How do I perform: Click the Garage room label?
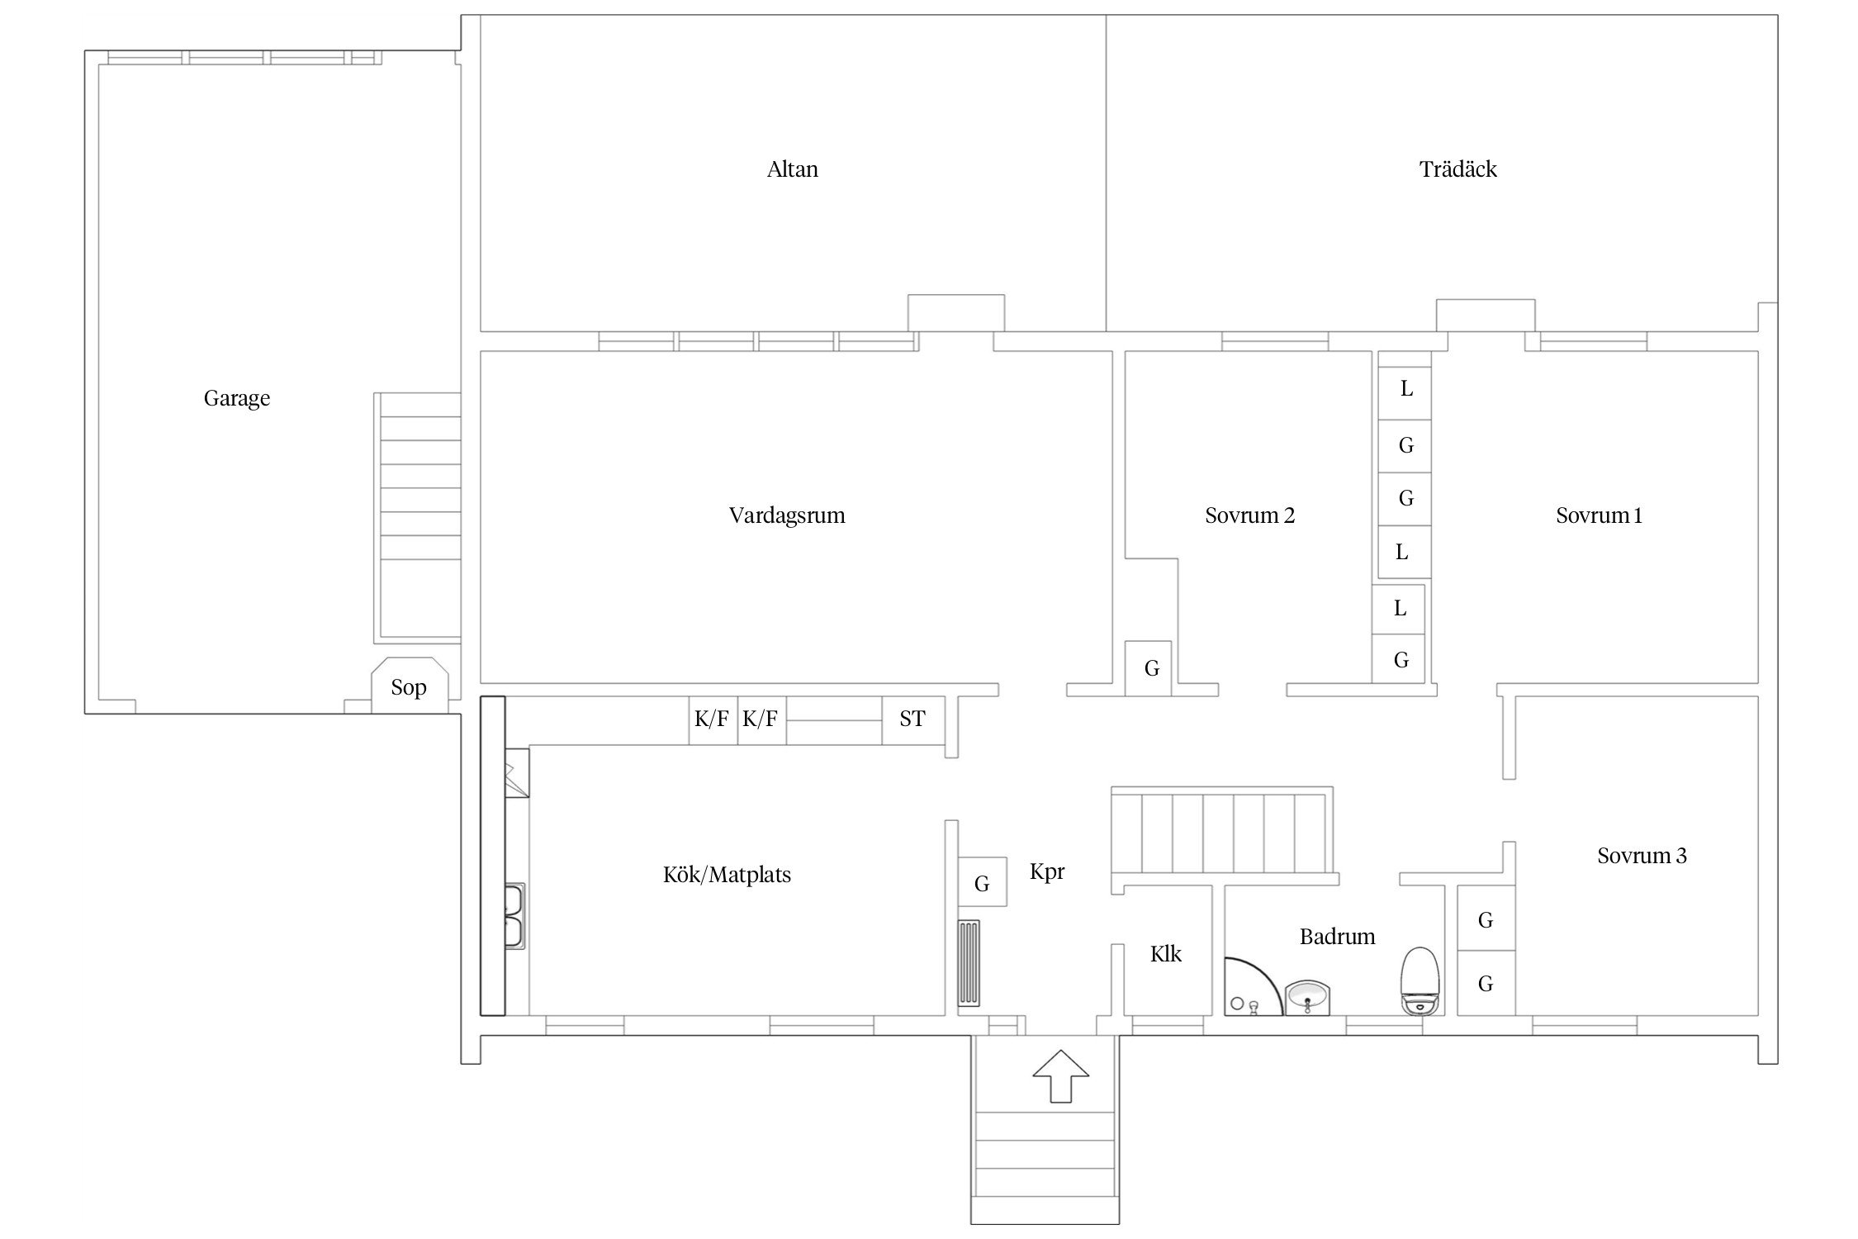click(237, 399)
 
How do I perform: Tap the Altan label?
click(793, 169)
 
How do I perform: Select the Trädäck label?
click(1458, 169)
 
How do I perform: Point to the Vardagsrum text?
click(787, 516)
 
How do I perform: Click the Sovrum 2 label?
click(1250, 515)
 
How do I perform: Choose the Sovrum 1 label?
click(1600, 515)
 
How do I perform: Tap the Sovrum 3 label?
click(1642, 856)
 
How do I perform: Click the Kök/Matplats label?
click(728, 875)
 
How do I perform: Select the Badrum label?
click(1338, 937)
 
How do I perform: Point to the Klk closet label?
click(1166, 954)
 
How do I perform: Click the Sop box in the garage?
click(410, 686)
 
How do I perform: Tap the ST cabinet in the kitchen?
click(913, 719)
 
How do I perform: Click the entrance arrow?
click(1061, 1075)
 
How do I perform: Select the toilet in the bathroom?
click(1421, 980)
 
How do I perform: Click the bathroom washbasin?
click(1308, 997)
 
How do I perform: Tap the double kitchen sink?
click(515, 916)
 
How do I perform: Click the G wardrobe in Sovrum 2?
click(1151, 667)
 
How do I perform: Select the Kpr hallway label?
click(1048, 872)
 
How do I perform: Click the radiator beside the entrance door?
click(969, 962)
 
